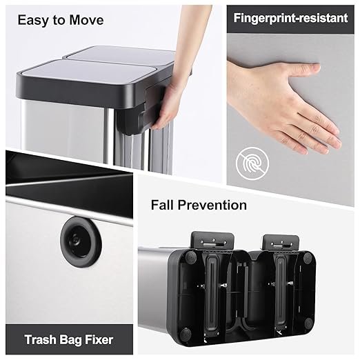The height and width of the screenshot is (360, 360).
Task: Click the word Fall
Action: (x=166, y=205)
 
